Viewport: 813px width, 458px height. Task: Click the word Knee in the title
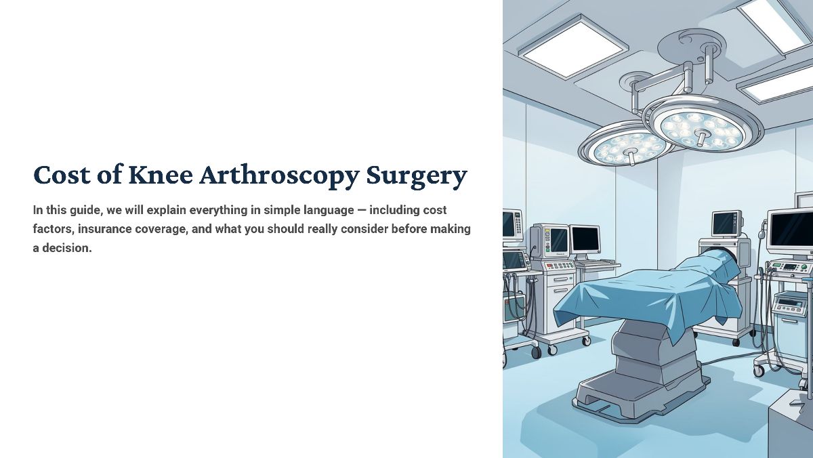pos(161,175)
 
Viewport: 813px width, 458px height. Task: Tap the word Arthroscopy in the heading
pos(279,177)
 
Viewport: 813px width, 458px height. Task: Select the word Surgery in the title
pos(416,178)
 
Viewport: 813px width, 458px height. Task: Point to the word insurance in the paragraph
pos(104,229)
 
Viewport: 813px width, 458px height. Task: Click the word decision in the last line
pos(67,248)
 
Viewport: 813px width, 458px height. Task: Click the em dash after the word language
pos(362,210)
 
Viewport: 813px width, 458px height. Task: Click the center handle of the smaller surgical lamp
pos(632,157)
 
